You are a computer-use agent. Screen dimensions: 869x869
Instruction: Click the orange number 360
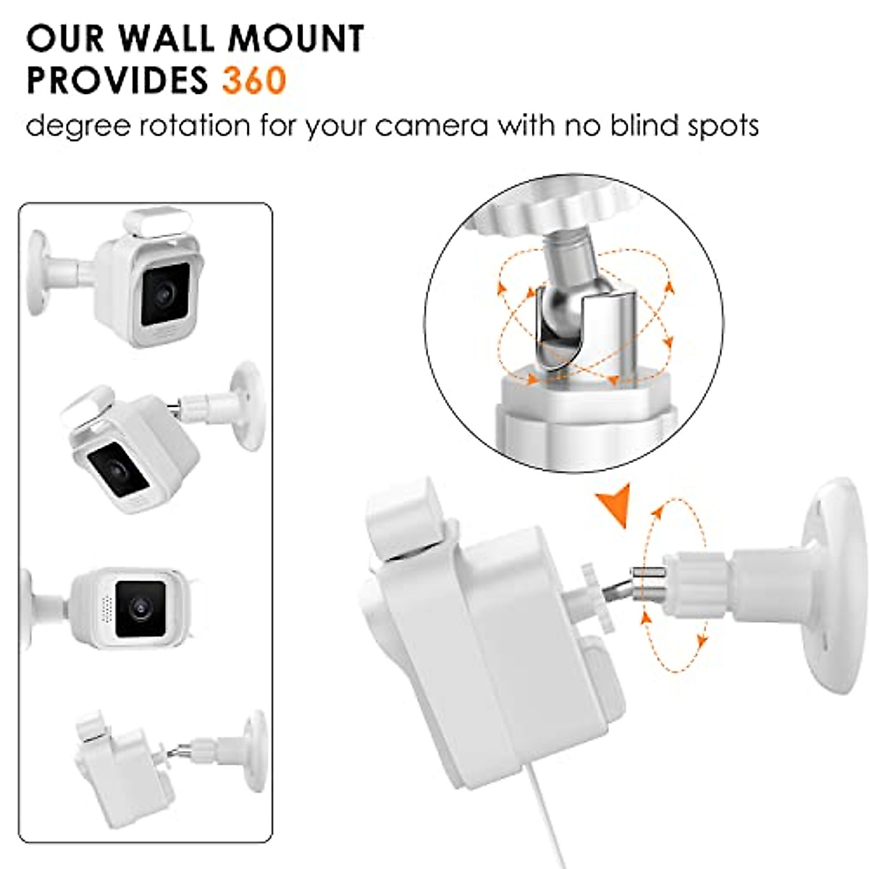pyautogui.click(x=254, y=80)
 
